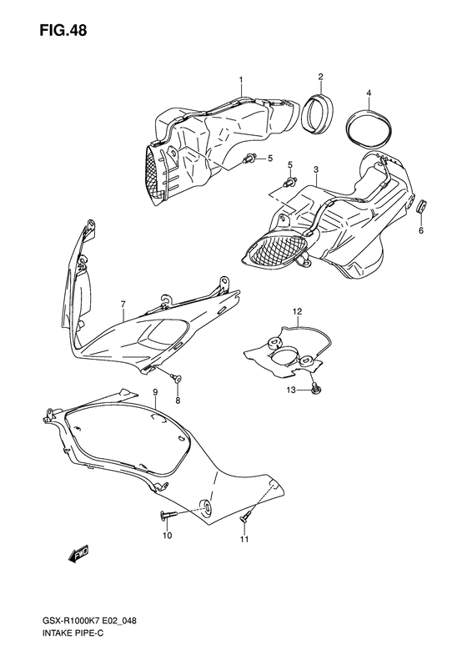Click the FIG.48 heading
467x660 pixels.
click(x=63, y=30)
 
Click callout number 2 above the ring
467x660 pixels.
click(x=320, y=76)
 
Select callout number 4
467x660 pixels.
click(x=369, y=92)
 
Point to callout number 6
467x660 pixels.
click(x=421, y=230)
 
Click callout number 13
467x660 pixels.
click(x=292, y=390)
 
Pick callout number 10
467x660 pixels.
click(x=167, y=536)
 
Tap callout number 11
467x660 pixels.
click(x=244, y=539)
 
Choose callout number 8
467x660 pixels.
click(x=178, y=401)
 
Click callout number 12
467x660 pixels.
click(x=298, y=311)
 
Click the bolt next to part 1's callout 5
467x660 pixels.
click(x=249, y=159)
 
